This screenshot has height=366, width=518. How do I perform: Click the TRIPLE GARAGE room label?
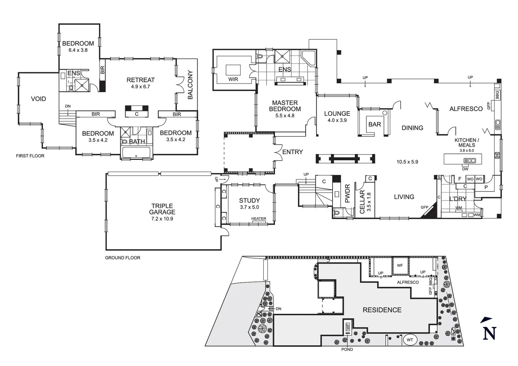[x=162, y=209]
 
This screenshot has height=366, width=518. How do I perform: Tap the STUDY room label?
[x=249, y=201]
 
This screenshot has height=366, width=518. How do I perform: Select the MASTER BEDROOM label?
[x=285, y=106]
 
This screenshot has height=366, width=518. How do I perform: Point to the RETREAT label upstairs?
[x=140, y=80]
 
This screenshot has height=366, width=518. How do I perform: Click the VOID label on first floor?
[x=38, y=99]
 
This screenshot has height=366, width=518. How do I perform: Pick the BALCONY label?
[x=190, y=85]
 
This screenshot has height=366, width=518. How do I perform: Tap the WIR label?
[x=233, y=79]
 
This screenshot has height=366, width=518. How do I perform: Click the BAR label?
[x=375, y=124]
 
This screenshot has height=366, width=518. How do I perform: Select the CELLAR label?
[x=362, y=202]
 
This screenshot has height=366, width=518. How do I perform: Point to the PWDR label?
[x=347, y=194]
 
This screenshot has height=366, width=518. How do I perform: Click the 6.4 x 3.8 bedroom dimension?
[x=78, y=50]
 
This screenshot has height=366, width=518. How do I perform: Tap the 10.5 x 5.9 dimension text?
[x=407, y=162]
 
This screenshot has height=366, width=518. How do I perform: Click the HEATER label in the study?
[x=259, y=219]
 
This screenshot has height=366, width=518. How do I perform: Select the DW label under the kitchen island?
[x=465, y=169]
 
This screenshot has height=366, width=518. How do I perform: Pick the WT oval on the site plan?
[x=410, y=340]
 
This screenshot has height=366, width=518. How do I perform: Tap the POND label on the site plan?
[x=347, y=349]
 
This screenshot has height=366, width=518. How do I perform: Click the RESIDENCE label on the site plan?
[x=382, y=310]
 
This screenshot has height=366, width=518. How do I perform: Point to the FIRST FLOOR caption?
[x=30, y=156]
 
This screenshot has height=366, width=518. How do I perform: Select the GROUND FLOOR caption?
[x=122, y=258]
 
